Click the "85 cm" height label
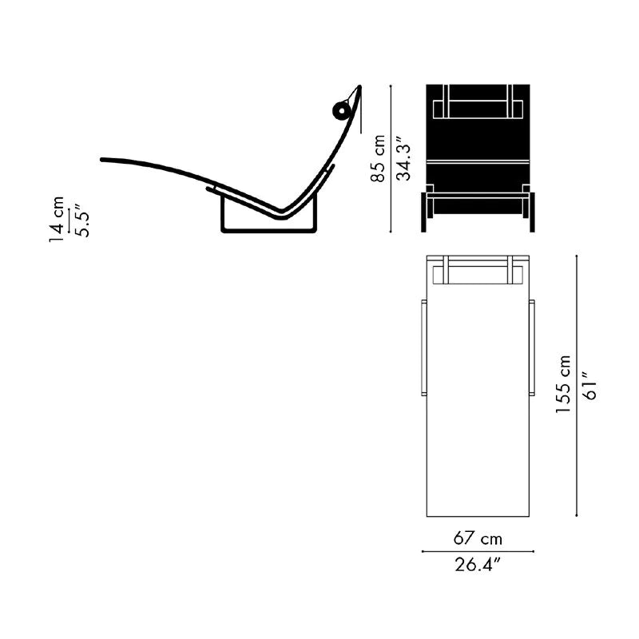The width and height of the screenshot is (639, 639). [378, 158]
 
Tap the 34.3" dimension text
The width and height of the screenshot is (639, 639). [403, 162]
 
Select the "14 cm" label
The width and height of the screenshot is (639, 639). [56, 219]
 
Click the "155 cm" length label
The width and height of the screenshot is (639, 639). [563, 384]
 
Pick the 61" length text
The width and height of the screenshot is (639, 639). [589, 385]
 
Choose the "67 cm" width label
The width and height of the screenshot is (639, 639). [478, 538]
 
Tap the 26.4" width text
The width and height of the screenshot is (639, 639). [477, 565]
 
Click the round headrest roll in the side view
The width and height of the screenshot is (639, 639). [342, 110]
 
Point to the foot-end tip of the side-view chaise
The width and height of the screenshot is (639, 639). [102, 160]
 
